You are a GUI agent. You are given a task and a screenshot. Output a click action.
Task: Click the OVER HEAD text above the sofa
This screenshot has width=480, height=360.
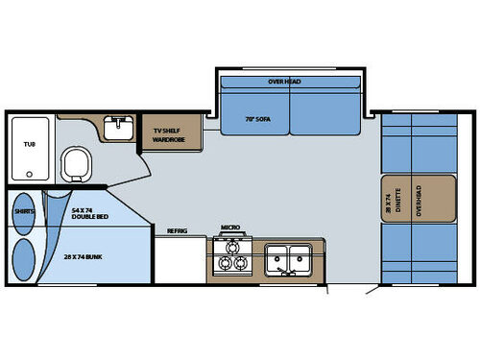(x=285, y=82)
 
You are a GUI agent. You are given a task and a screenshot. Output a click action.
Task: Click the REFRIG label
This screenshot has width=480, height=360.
(x=177, y=230)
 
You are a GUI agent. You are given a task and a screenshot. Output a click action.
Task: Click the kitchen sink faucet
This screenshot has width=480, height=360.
(x=286, y=273)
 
